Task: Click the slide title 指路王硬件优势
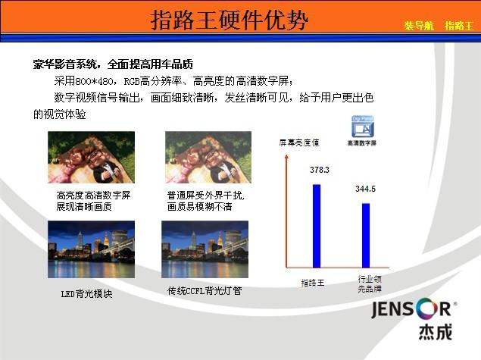coord(230,20)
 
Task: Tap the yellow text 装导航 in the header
coord(419,26)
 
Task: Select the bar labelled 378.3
coord(317,226)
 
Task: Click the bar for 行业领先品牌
coord(366,236)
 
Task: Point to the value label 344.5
coord(365,189)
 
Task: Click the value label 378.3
coord(320,170)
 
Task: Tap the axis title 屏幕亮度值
coord(299,142)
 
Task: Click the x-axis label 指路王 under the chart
coord(313,283)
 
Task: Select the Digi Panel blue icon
coord(363,127)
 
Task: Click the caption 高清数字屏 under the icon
coord(362,143)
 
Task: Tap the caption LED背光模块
coord(86,294)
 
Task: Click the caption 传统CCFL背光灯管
coord(205,290)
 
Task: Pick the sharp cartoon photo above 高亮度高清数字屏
coord(91,157)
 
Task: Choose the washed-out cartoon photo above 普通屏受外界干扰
coord(208,157)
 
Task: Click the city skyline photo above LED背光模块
coord(91,249)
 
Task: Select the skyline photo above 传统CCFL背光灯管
coord(205,249)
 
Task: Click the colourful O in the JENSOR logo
coord(426,308)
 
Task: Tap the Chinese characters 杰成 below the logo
coord(436,332)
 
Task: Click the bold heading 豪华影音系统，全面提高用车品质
coord(113,64)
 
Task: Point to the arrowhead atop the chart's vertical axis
coord(286,157)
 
